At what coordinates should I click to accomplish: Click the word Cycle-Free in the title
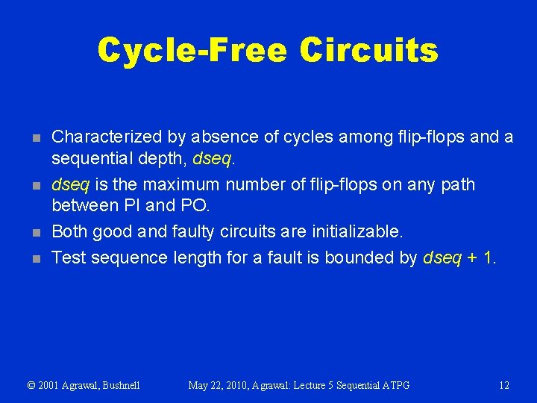click(192, 50)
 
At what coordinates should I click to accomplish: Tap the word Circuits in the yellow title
click(368, 50)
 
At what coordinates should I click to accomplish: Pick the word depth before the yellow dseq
click(163, 158)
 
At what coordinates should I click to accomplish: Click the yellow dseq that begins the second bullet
click(69, 184)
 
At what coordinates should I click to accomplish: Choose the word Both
click(69, 231)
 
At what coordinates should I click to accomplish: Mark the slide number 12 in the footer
click(503, 385)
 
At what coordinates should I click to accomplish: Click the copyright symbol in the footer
click(31, 385)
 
